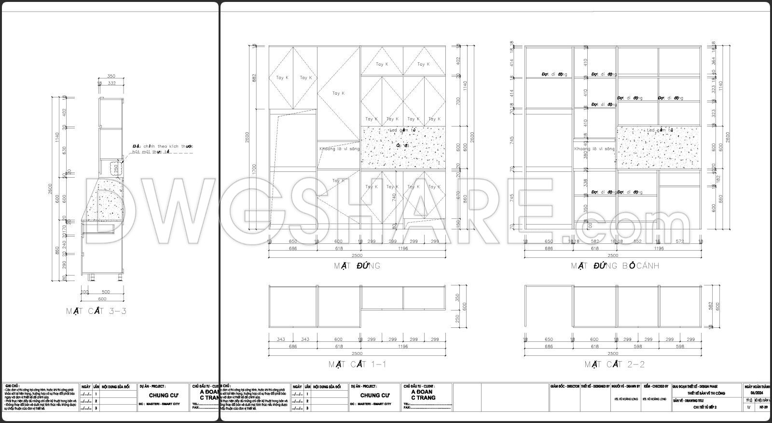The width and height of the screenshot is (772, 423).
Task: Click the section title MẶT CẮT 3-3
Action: point(96,311)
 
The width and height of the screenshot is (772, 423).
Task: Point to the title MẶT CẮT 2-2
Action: point(615,364)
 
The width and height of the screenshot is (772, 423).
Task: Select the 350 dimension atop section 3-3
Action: point(111,76)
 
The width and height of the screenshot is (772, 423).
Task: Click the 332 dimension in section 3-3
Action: point(111,83)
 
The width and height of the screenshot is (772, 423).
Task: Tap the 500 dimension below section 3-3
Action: point(106,292)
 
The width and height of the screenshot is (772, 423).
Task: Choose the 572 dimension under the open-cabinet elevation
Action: point(679,241)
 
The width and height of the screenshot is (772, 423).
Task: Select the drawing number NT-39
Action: point(763,407)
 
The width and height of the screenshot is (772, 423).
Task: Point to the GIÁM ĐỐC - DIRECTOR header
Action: point(565,387)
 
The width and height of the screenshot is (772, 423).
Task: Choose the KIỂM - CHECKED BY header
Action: point(656,387)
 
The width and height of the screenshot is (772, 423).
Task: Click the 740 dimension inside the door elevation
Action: point(394,197)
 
